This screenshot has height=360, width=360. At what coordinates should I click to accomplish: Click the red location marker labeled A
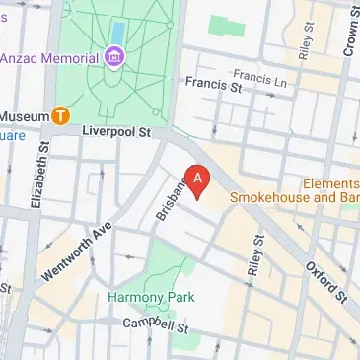click(x=199, y=180)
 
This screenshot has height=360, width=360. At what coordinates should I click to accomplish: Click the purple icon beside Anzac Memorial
click(x=115, y=57)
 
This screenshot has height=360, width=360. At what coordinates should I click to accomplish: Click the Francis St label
click(x=214, y=87)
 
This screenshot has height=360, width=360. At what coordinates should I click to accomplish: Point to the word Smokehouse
click(x=272, y=197)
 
